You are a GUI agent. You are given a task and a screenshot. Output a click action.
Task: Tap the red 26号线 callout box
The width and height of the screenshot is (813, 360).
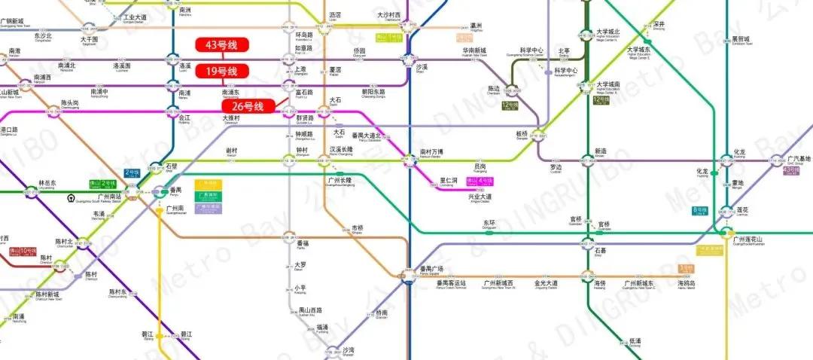point(242,107)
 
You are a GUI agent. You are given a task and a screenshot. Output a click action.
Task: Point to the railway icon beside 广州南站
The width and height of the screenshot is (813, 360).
point(69,199)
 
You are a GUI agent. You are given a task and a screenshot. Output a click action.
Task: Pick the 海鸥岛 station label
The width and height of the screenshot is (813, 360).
point(686,283)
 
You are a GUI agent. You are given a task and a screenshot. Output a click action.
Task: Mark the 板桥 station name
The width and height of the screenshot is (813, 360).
point(523,133)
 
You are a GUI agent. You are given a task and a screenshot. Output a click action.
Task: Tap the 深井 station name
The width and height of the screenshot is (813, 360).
point(659,24)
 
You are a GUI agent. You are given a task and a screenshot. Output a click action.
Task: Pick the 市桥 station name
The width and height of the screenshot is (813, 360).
point(357,227)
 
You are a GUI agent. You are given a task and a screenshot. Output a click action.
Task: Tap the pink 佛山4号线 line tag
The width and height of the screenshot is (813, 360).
point(480,181)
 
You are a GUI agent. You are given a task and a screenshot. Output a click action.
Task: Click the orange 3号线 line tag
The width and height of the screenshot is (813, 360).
point(685,267)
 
